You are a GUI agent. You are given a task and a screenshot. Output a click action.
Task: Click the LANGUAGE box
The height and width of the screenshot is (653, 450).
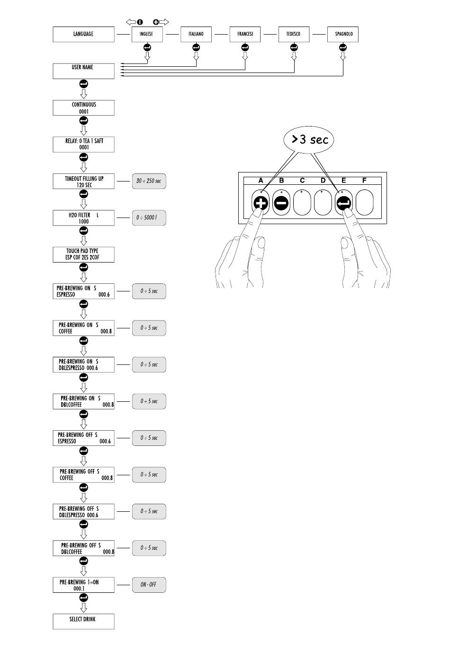83,35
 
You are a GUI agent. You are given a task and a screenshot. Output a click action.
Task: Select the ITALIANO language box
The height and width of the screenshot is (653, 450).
196,35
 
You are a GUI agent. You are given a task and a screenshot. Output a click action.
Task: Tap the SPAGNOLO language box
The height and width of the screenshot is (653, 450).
343,35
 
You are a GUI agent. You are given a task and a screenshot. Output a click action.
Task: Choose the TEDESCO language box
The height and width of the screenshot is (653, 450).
294,35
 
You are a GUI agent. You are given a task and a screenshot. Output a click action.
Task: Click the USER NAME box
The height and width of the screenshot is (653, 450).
83,71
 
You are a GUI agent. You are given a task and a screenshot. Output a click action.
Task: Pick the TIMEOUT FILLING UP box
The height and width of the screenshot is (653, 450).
83,181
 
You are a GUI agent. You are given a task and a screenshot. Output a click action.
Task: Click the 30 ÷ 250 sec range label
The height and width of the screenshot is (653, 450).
149,181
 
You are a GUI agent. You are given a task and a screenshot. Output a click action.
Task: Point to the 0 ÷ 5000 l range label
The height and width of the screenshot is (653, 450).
149,218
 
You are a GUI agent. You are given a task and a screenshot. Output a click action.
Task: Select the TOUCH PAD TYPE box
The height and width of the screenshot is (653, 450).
83,254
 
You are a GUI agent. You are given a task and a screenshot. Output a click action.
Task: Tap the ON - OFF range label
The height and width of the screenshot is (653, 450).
149,585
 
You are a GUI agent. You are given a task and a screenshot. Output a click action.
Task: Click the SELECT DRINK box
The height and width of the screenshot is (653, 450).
83,622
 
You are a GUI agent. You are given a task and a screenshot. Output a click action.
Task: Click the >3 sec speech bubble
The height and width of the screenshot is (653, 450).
309,140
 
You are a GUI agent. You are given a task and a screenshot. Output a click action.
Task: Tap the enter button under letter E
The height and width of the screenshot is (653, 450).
343,203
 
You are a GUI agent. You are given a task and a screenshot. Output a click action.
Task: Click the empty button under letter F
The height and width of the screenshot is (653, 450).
364,203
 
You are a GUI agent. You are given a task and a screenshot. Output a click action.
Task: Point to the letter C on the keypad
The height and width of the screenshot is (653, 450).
302,181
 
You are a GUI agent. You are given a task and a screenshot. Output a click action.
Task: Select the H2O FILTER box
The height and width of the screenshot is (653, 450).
83,218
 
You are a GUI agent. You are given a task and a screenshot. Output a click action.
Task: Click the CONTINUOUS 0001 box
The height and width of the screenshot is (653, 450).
83,108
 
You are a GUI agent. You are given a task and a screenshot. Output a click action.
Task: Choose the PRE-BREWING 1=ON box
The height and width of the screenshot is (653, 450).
83,585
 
